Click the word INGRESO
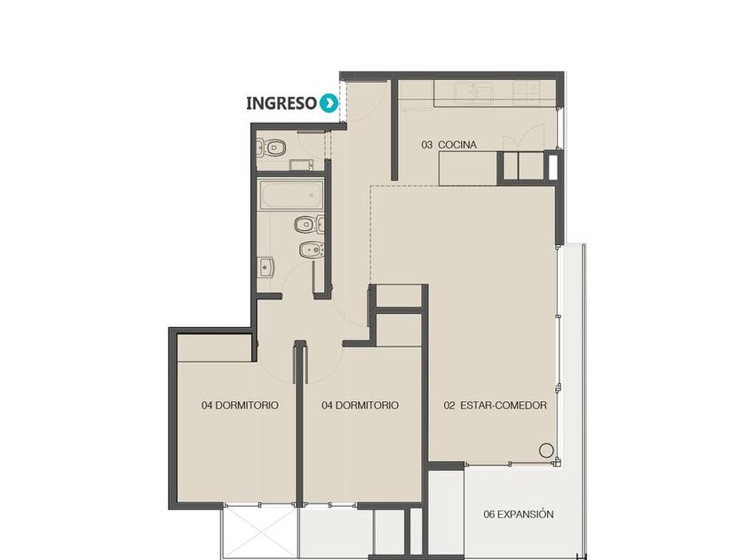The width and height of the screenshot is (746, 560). pyautogui.click(x=282, y=103)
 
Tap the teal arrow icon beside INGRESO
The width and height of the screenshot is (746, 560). pyautogui.click(x=329, y=103)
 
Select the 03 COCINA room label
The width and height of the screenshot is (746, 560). pyautogui.click(x=448, y=145)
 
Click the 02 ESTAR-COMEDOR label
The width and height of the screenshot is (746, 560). pyautogui.click(x=495, y=405)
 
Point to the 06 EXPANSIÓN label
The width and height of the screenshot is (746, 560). pyautogui.click(x=518, y=515)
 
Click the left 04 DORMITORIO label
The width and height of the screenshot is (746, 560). pyautogui.click(x=240, y=405)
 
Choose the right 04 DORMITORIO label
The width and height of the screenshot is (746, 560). pyautogui.click(x=360, y=405)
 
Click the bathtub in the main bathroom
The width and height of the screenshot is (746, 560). pyautogui.click(x=291, y=195)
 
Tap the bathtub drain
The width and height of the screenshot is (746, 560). pyautogui.click(x=311, y=196)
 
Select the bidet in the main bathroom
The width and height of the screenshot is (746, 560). pyautogui.click(x=312, y=249)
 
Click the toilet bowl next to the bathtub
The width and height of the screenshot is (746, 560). pyautogui.click(x=309, y=224)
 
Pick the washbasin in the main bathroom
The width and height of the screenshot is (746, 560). pyautogui.click(x=266, y=268)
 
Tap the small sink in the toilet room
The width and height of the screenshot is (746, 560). pyautogui.click(x=302, y=164)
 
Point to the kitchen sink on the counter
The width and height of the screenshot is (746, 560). pyautogui.click(x=474, y=92)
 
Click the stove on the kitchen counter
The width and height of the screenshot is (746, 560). pyautogui.click(x=527, y=90)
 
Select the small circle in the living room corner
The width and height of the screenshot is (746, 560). pyautogui.click(x=546, y=450)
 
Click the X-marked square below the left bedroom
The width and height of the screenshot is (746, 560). pyautogui.click(x=260, y=533)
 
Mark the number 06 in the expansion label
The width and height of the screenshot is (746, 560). pyautogui.click(x=489, y=515)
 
